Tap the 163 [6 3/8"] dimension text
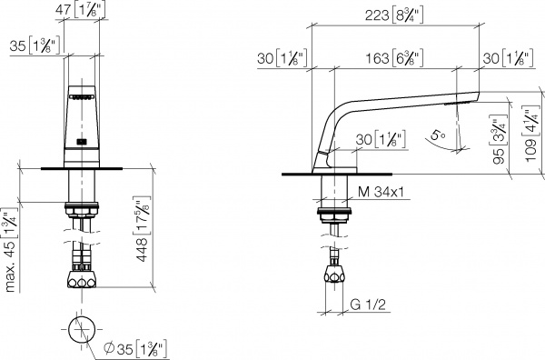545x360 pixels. (x=401, y=57)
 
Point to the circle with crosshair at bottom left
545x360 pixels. (x=80, y=330)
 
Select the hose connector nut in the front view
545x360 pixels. (x=82, y=279)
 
